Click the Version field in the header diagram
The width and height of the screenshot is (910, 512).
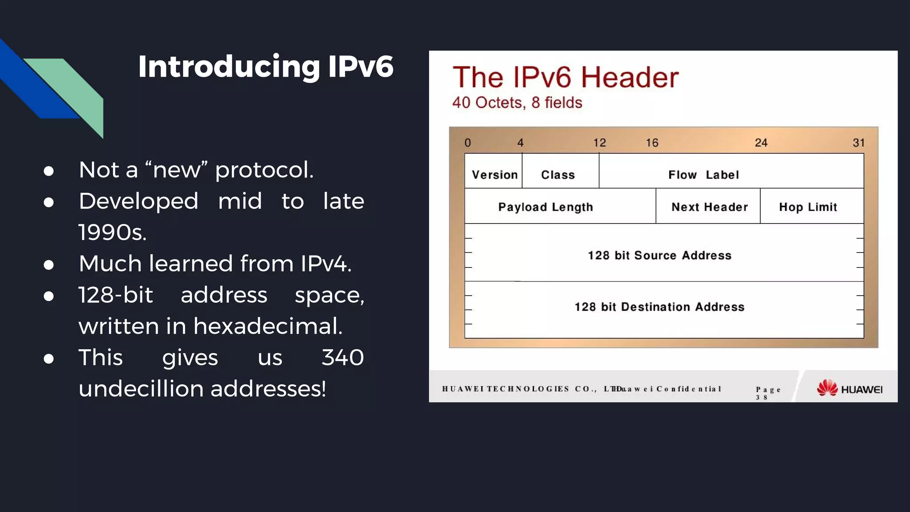[494, 174]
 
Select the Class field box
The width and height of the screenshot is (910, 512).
[558, 174]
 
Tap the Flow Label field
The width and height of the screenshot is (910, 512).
[703, 174]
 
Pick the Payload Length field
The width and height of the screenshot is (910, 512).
[546, 207]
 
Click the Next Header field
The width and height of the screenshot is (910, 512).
[710, 207]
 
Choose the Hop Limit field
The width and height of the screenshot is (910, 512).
[808, 207]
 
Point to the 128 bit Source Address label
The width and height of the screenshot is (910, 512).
[659, 255]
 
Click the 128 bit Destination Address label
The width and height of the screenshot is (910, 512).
[659, 307]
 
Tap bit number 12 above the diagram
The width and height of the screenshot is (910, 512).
[599, 143]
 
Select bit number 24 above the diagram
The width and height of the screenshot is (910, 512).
[761, 143]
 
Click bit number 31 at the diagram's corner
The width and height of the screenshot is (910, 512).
[858, 143]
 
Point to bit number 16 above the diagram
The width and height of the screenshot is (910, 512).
[652, 143]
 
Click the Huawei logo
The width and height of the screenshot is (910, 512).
[849, 388]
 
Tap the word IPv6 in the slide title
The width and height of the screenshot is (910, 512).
[360, 67]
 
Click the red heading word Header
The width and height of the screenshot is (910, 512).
[630, 77]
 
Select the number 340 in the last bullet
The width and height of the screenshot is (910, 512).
[343, 357]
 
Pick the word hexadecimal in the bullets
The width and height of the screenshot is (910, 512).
[267, 326]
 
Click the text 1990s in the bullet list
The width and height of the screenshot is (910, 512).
[112, 232]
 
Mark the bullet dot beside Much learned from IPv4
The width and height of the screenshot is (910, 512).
[49, 265]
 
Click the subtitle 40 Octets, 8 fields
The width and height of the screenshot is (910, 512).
[517, 103]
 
